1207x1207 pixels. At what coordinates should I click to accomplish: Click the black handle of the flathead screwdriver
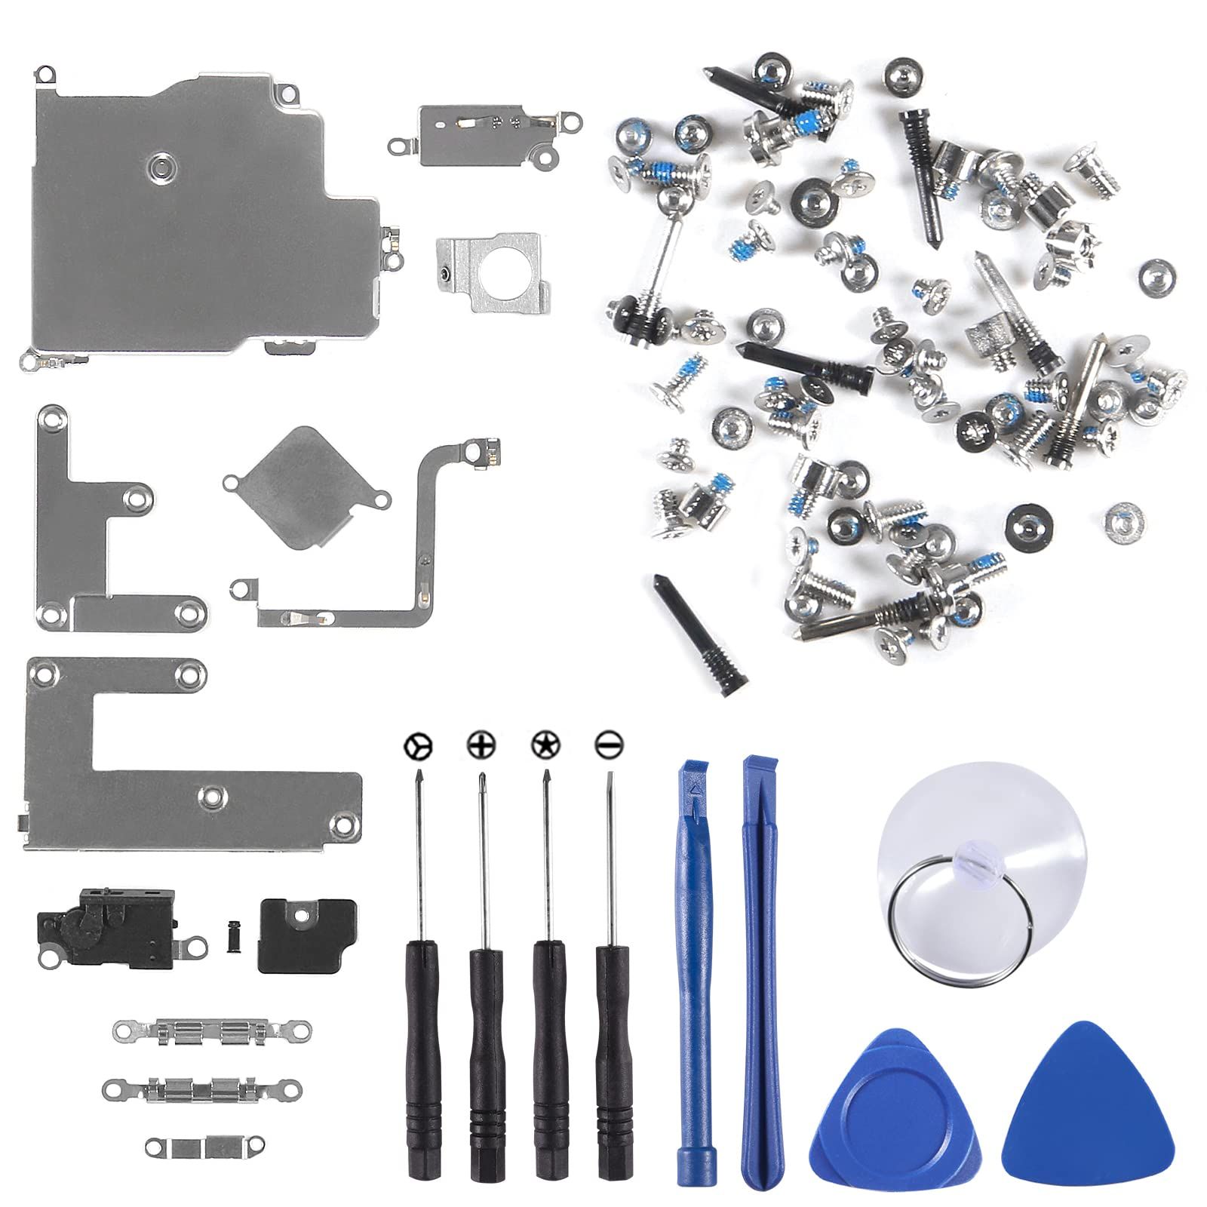point(613,1056)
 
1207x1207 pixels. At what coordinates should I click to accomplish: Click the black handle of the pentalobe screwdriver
point(549,1056)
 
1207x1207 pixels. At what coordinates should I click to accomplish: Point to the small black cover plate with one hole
point(306,935)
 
